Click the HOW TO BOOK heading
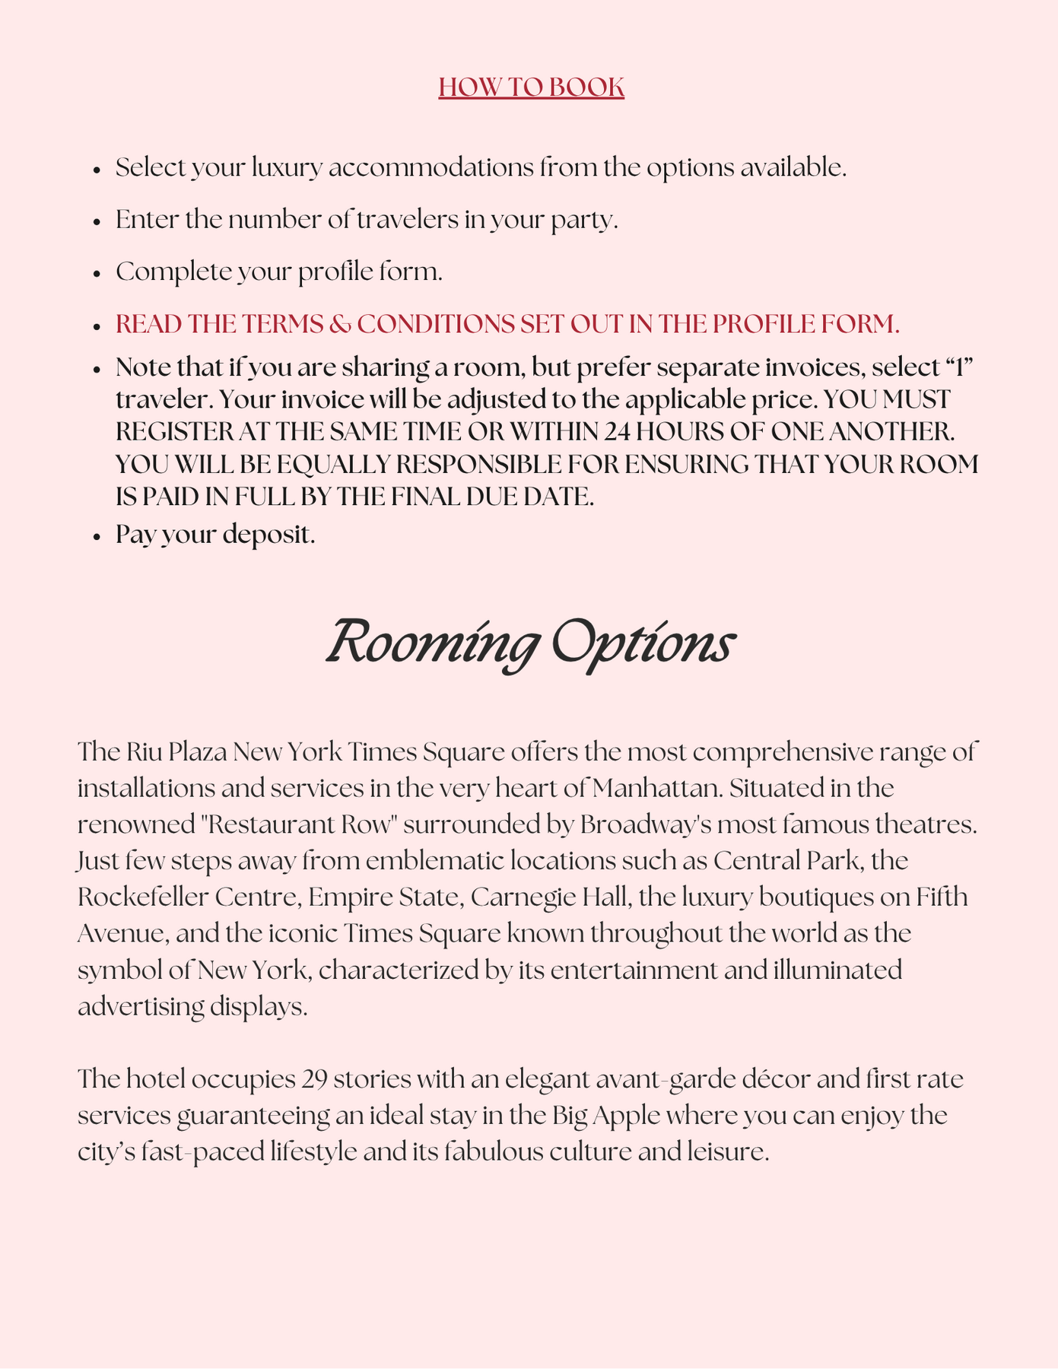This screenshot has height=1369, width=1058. coord(531,87)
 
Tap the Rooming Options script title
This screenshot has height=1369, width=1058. coord(530,644)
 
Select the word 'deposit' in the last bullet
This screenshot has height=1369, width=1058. coord(268,535)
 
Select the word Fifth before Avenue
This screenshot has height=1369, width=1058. coord(942,897)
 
